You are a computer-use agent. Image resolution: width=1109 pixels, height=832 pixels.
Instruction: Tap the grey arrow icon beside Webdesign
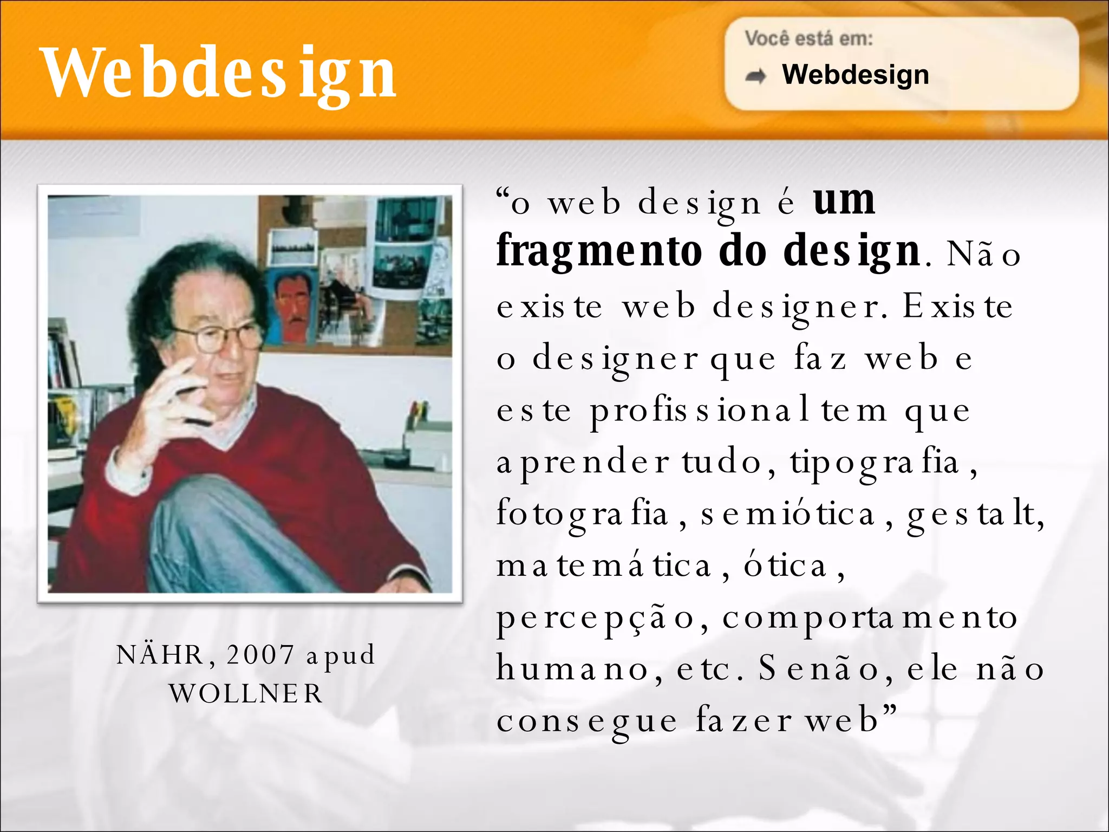point(756,76)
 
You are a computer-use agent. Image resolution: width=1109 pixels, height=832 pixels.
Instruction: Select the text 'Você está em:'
point(808,38)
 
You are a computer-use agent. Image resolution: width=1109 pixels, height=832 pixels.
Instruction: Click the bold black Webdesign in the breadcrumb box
point(856,74)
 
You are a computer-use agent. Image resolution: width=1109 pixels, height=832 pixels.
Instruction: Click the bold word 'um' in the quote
point(844,200)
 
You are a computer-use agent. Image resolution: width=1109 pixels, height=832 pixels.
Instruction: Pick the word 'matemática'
point(604,565)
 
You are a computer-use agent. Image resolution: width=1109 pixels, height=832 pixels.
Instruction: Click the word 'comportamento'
point(870,617)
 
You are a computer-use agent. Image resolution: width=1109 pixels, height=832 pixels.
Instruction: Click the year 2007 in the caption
point(260,654)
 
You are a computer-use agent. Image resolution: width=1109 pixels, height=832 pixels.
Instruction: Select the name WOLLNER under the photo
point(246,693)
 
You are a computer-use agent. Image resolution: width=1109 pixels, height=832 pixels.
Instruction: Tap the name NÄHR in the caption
point(160,654)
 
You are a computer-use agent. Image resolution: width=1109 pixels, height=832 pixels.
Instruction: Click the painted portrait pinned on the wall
point(292,306)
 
